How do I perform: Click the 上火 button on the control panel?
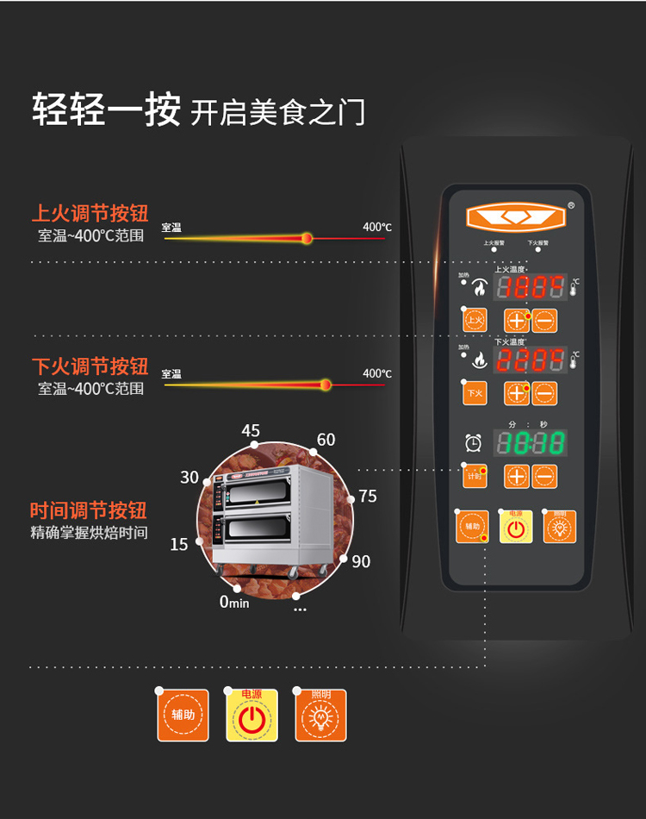tap(475, 321)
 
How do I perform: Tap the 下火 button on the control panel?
tap(475, 393)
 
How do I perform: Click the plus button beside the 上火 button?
tap(517, 321)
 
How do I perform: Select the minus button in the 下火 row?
tap(544, 393)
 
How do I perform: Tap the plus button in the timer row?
tap(517, 476)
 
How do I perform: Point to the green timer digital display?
tap(530, 443)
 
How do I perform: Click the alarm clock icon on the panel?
tap(473, 443)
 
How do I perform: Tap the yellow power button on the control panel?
tap(516, 528)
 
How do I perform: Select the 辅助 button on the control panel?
tap(472, 527)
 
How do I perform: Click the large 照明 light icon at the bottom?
tap(320, 716)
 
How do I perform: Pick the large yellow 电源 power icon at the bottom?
tap(252, 716)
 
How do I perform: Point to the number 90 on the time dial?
tap(361, 561)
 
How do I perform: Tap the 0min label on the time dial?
tap(233, 602)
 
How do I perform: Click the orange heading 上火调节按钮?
tap(90, 212)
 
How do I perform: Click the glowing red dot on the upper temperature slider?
tap(307, 237)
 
